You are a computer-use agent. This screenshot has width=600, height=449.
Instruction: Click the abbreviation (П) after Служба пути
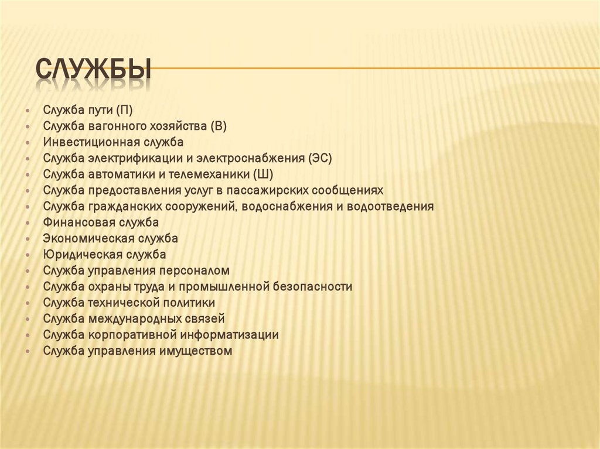[124, 109]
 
